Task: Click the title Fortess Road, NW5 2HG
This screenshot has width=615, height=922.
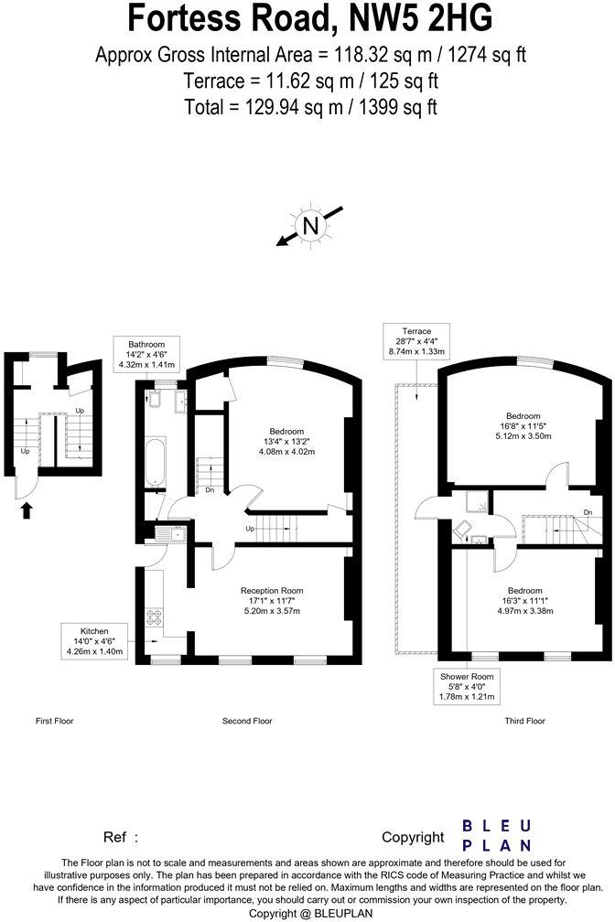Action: (x=309, y=19)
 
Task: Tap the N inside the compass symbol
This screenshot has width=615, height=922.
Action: (x=311, y=225)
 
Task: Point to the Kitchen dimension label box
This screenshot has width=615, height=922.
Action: (x=93, y=640)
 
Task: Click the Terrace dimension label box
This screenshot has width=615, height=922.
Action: (x=409, y=341)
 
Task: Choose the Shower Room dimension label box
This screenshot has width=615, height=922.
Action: (x=467, y=686)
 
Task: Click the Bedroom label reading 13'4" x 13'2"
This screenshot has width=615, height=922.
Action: (x=286, y=441)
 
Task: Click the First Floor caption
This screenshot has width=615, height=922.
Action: (x=54, y=721)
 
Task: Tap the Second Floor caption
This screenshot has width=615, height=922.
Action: (x=247, y=721)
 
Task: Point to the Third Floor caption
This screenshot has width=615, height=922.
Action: (x=524, y=721)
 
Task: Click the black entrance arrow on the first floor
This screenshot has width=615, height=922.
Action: (x=26, y=509)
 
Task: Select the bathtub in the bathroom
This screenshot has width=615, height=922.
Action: (x=155, y=461)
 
